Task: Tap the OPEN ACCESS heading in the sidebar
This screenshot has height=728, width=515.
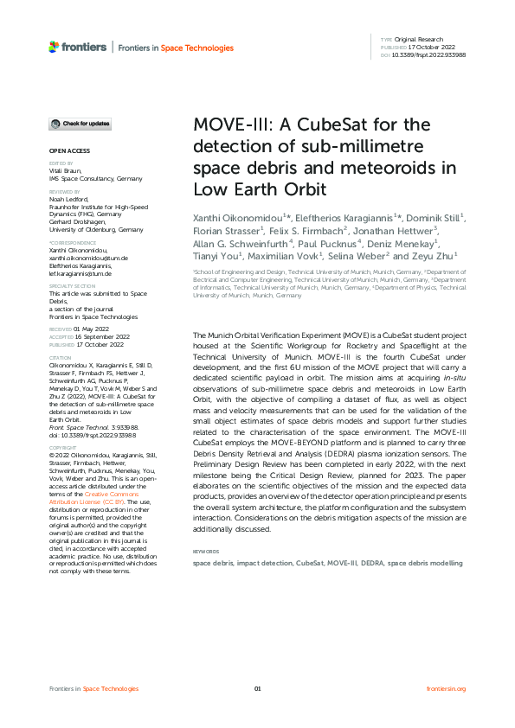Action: click(66, 151)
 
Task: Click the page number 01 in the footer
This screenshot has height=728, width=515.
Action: click(257, 688)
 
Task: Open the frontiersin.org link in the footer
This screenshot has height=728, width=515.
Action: click(447, 688)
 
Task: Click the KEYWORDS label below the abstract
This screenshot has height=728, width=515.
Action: click(206, 551)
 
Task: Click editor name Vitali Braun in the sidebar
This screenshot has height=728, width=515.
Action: click(65, 171)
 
